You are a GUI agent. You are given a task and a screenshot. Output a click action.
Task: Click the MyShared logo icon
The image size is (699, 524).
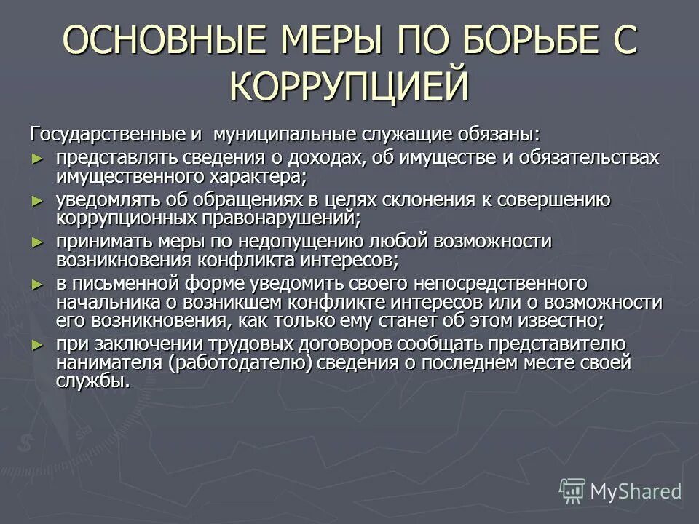click(x=572, y=491)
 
